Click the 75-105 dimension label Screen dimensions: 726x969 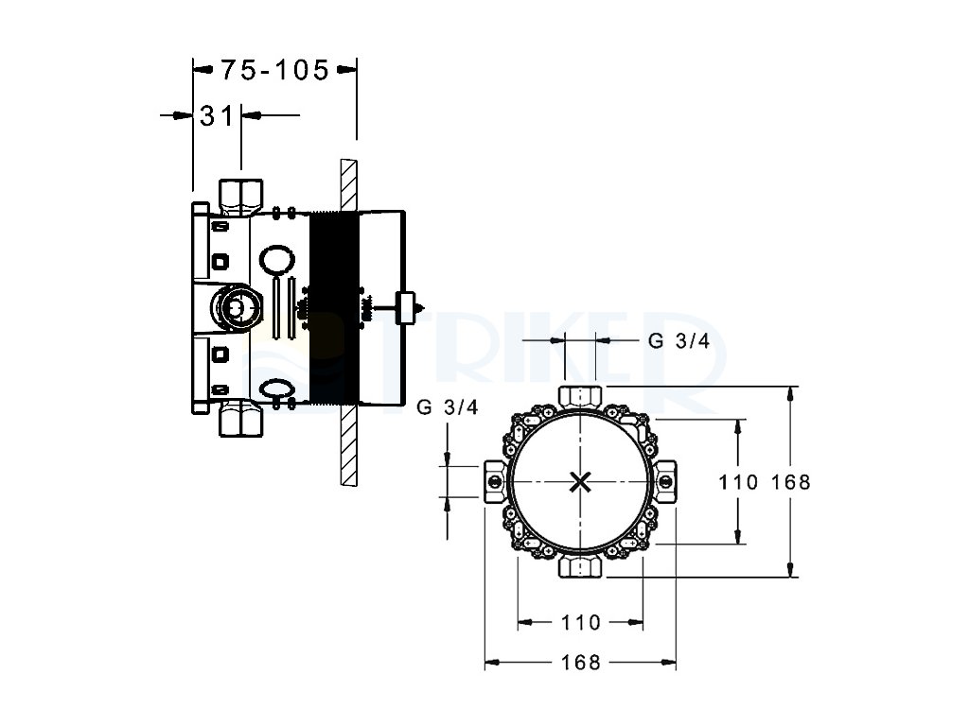tap(274, 69)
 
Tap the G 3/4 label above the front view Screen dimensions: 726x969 tap(678, 342)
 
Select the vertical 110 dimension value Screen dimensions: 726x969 tap(738, 482)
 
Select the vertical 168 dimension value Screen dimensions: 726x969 tap(791, 482)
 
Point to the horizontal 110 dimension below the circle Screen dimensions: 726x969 tap(581, 622)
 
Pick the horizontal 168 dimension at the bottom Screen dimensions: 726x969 tap(581, 663)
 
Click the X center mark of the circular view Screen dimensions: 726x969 tap(581, 482)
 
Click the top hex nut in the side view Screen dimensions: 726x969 tap(241, 194)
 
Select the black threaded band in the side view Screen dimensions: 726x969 tap(333, 306)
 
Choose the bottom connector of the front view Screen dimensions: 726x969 tap(581, 567)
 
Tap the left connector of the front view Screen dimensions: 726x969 tap(495, 482)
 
